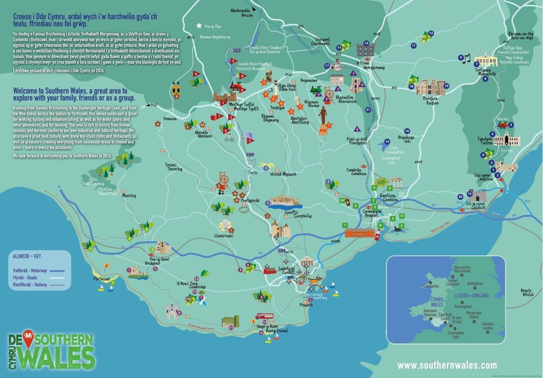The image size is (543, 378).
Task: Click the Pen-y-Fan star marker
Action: (198, 25)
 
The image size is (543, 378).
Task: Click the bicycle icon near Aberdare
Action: (230, 137)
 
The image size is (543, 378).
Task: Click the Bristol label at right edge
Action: (526, 293)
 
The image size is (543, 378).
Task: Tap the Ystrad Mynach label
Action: (284, 174)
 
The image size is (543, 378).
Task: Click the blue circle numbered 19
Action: (387, 142)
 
